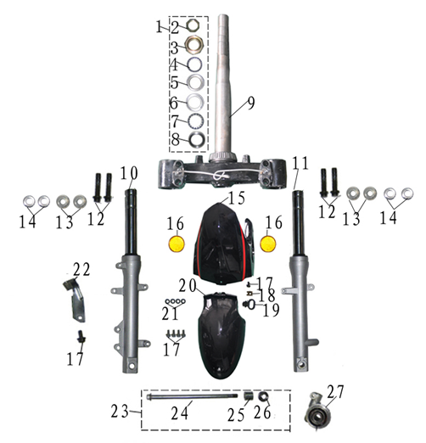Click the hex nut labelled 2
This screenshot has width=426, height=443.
coord(194,26)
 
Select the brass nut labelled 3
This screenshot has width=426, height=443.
coord(194,44)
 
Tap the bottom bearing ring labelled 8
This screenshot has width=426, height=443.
coord(197,139)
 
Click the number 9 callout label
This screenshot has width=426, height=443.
coord(250,103)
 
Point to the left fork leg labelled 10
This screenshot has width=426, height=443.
coord(131,283)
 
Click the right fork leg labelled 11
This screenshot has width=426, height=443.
coord(300,283)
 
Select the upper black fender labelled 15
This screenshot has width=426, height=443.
coord(223,244)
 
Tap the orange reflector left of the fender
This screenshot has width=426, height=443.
coord(177,244)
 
